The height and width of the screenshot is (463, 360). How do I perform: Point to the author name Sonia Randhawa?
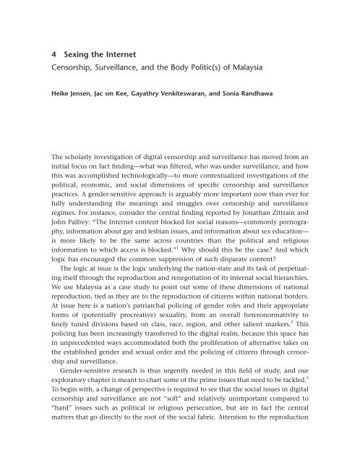click(265, 93)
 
